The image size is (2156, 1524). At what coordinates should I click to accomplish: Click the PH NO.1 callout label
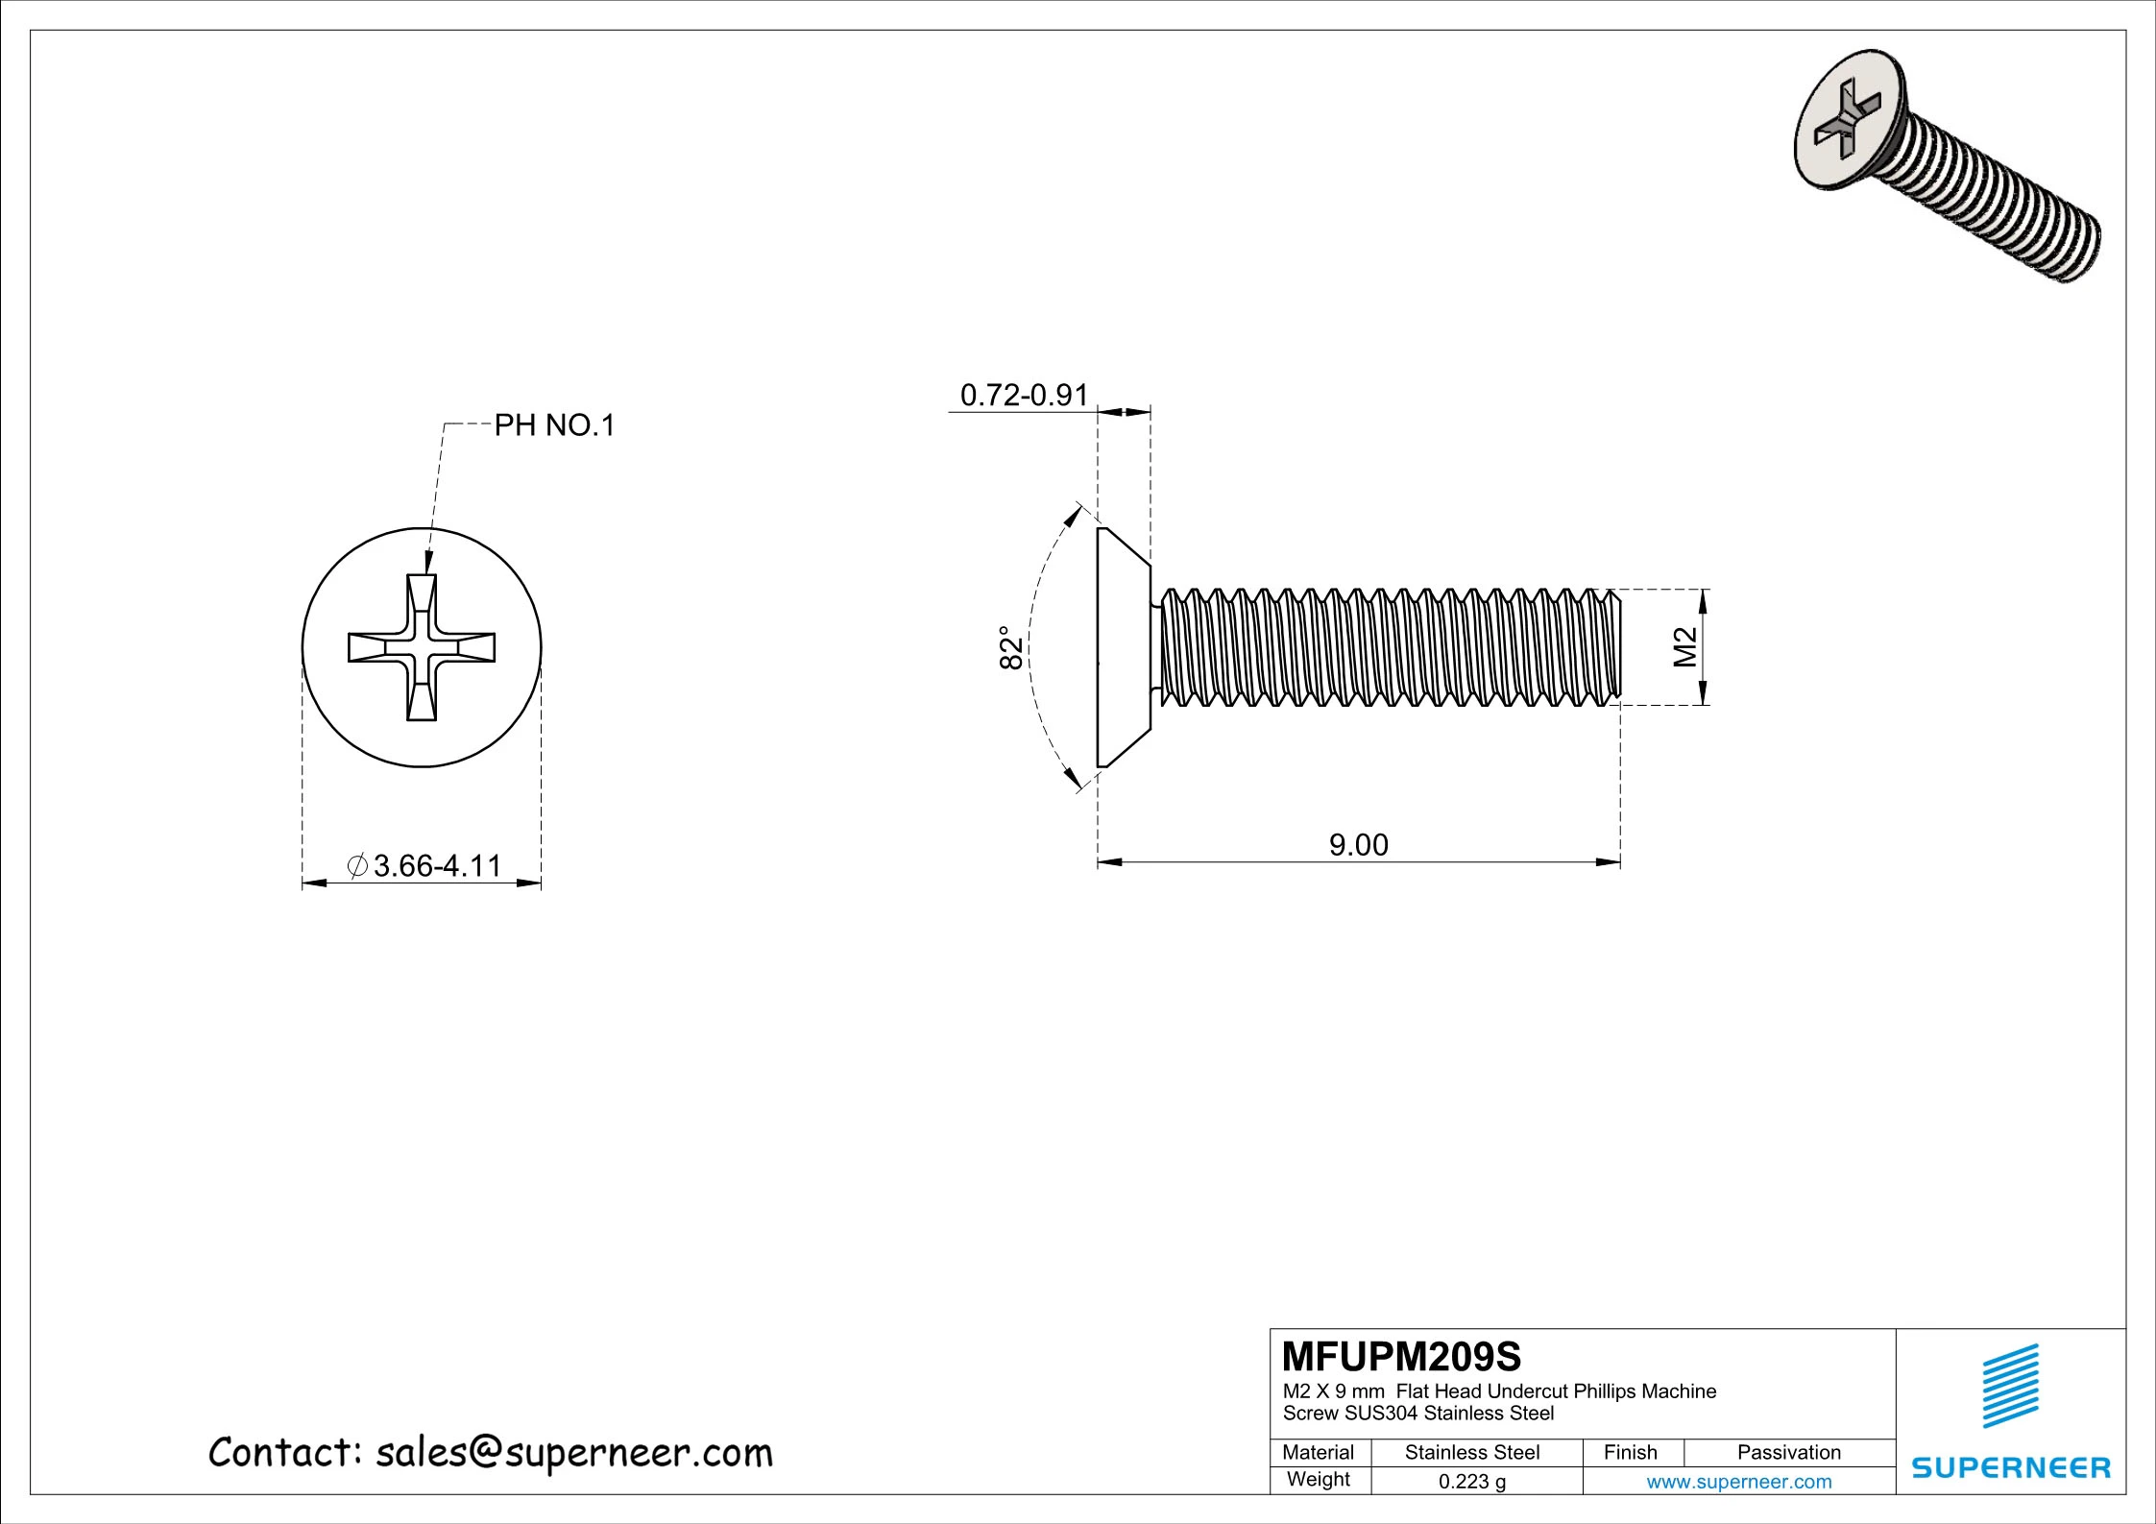553,425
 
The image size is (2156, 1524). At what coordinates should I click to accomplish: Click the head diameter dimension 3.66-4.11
437,866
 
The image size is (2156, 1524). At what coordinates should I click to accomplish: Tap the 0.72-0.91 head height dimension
1024,395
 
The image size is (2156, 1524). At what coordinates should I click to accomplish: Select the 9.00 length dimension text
1358,845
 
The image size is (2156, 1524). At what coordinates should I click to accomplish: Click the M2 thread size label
1685,647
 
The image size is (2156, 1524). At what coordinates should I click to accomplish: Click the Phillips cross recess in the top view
422,647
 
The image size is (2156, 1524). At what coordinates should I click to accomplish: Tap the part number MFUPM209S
1401,1357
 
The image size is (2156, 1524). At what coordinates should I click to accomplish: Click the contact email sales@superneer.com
491,1453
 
